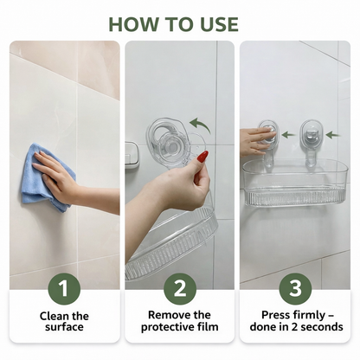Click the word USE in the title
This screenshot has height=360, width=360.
220,24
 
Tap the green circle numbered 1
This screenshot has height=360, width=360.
64,288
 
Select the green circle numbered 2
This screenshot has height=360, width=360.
180,288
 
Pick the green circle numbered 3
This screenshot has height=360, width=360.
295,288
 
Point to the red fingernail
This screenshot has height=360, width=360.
203,157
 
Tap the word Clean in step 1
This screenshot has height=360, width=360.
54,316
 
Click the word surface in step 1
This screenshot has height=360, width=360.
64,327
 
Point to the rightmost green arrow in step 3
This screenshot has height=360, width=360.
333,135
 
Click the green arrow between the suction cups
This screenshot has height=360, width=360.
288,135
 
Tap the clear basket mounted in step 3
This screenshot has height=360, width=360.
295,183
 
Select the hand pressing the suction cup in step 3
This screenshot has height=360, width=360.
255,140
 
